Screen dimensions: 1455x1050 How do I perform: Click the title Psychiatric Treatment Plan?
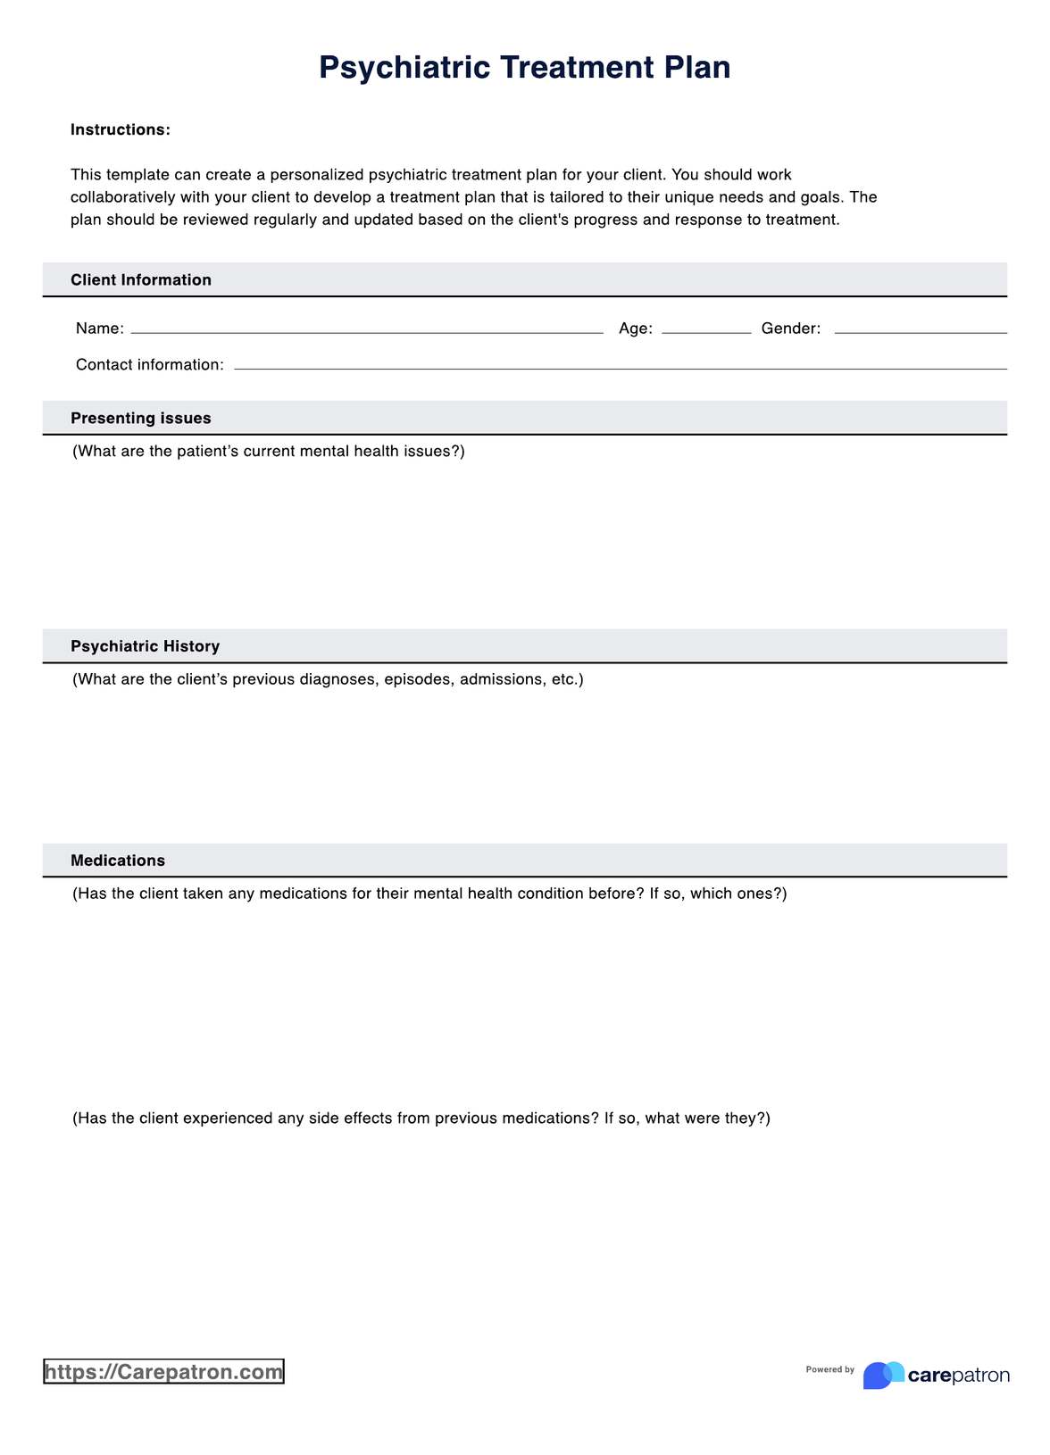click(x=524, y=68)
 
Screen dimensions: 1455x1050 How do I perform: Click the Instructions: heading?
click(x=121, y=130)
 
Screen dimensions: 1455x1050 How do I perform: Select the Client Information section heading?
click(x=141, y=280)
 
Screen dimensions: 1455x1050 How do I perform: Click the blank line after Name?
click(x=367, y=329)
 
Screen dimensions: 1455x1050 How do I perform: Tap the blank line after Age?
click(x=706, y=329)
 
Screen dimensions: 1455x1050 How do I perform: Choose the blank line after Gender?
click(x=920, y=329)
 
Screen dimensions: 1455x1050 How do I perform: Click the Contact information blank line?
click(x=620, y=365)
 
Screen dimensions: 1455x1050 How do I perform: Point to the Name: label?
click(x=100, y=328)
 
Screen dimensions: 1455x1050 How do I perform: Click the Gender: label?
click(x=791, y=328)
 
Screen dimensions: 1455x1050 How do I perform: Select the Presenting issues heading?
click(x=141, y=419)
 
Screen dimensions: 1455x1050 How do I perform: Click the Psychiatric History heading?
click(x=145, y=646)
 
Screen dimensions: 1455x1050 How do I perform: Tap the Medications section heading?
click(x=118, y=861)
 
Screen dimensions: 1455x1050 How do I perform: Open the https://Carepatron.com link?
click(x=163, y=1372)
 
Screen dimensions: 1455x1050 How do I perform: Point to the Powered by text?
click(x=829, y=1369)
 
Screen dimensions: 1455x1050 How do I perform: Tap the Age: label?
click(x=636, y=328)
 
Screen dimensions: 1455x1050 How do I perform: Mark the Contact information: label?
click(x=150, y=365)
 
